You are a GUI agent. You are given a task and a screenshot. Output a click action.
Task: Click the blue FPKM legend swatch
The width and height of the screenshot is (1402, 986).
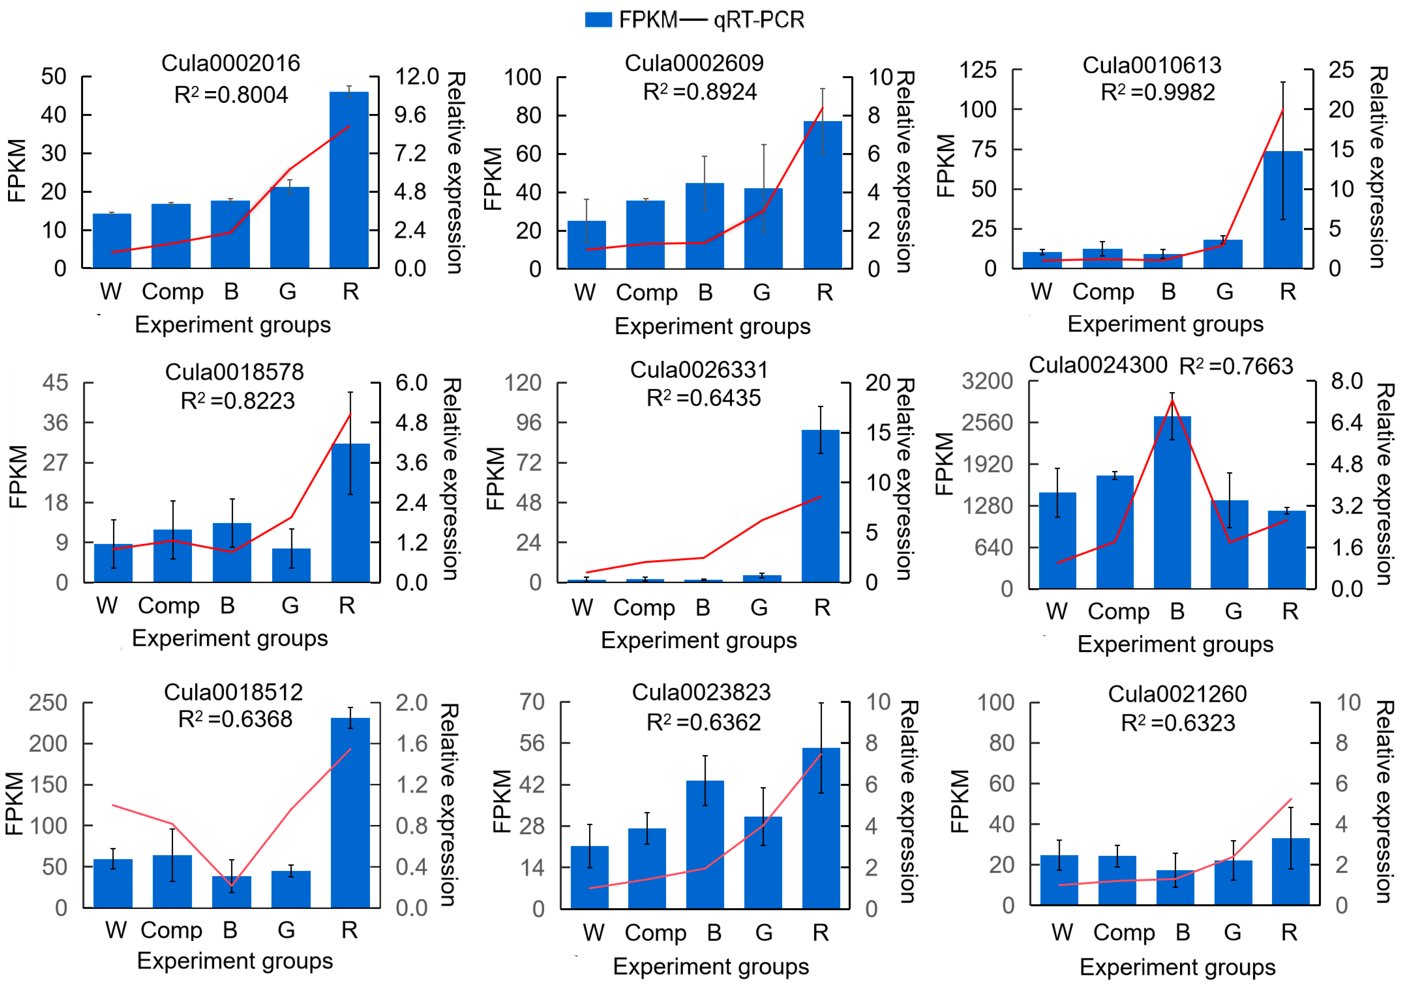pyautogui.click(x=598, y=19)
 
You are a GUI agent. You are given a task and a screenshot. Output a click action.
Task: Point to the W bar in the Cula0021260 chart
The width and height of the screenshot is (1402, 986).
pyautogui.click(x=1059, y=880)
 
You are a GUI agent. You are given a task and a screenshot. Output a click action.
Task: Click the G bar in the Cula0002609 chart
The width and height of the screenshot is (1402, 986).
pyautogui.click(x=763, y=228)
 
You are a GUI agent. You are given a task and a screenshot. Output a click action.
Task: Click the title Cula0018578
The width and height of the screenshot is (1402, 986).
pyautogui.click(x=235, y=372)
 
